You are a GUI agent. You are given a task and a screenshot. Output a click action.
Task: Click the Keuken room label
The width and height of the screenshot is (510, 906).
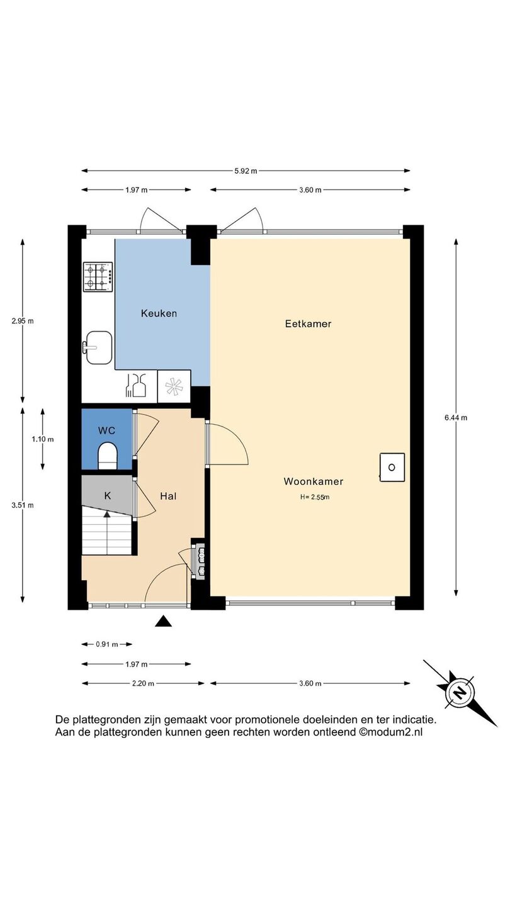click(x=159, y=313)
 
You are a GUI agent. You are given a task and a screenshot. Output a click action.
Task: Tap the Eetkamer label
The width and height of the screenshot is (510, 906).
click(x=308, y=323)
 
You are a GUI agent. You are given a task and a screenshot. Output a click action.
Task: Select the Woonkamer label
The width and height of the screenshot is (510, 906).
click(x=314, y=481)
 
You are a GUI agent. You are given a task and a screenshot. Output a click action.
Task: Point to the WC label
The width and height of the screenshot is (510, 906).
click(x=107, y=430)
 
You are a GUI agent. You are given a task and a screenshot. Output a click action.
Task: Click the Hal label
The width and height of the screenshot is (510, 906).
click(x=168, y=496)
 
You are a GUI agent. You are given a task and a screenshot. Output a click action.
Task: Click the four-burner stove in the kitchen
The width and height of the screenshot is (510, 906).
click(x=98, y=277)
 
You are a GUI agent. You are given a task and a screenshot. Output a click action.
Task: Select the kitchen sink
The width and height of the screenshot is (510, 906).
click(x=98, y=347)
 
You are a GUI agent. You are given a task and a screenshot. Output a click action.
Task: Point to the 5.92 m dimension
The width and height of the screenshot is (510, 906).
click(x=246, y=171)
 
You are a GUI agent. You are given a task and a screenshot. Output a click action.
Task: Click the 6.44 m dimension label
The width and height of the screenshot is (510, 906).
click(x=456, y=418)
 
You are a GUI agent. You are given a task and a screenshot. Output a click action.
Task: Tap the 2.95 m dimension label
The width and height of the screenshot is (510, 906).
click(x=23, y=321)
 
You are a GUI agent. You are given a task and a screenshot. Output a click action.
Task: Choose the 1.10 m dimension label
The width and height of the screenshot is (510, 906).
click(x=43, y=439)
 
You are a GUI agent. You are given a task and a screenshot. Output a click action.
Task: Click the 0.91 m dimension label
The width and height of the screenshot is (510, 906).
click(x=107, y=644)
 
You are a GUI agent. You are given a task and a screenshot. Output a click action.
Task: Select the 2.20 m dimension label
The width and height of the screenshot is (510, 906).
click(x=143, y=683)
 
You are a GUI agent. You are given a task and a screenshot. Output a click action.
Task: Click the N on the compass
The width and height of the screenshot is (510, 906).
click(x=460, y=693)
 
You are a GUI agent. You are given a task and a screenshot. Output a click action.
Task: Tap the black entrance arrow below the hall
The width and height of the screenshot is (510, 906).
click(x=163, y=621)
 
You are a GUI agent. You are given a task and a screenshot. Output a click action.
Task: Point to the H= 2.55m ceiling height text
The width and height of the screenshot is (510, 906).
click(x=315, y=497)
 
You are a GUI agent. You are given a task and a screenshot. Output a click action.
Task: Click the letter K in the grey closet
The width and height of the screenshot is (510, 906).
click(x=107, y=496)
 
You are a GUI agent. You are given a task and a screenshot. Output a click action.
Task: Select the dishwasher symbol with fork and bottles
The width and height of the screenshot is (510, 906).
click(x=136, y=385)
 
